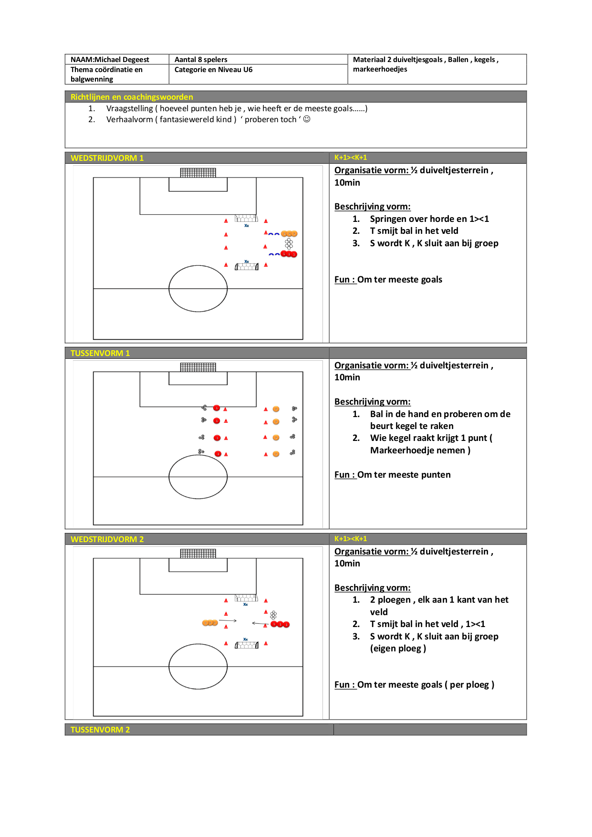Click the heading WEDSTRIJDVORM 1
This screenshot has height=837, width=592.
(x=107, y=158)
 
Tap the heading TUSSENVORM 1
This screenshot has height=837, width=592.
(x=100, y=353)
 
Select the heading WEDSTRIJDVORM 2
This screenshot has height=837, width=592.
(x=107, y=539)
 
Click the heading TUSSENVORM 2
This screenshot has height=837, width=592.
(x=100, y=730)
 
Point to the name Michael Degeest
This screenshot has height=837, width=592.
(x=122, y=60)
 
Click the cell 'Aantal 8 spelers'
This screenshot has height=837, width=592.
(x=201, y=60)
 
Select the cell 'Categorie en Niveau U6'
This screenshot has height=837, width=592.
(x=213, y=70)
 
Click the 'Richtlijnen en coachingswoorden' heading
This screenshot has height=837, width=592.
(x=132, y=97)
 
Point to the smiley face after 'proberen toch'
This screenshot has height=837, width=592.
(x=307, y=119)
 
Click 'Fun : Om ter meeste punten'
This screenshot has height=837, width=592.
(x=392, y=475)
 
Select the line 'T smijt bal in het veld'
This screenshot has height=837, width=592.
(x=414, y=231)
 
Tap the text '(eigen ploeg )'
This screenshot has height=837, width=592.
(x=398, y=649)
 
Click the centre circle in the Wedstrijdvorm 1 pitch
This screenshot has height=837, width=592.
(x=198, y=265)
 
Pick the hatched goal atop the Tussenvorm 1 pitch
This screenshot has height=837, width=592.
(x=198, y=367)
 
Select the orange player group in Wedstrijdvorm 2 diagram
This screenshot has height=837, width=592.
(x=210, y=623)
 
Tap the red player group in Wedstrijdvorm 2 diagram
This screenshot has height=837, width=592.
(x=280, y=624)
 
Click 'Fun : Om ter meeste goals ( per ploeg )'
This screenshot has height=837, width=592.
(x=414, y=685)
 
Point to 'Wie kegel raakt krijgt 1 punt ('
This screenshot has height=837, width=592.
(x=431, y=438)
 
